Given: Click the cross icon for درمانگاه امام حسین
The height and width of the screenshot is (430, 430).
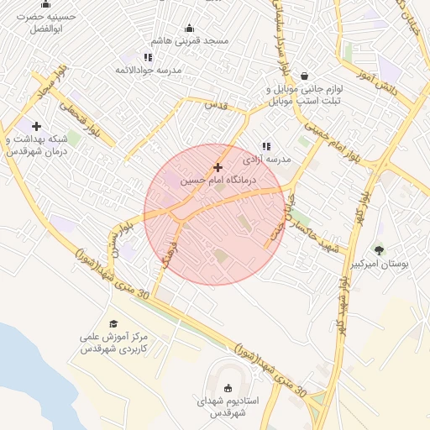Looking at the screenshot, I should (218, 168).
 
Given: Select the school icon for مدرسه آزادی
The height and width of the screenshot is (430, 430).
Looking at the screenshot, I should (266, 146).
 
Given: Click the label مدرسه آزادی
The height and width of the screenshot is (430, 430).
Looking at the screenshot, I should (266, 159).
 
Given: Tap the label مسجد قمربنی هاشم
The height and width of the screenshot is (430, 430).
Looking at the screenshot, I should (190, 41).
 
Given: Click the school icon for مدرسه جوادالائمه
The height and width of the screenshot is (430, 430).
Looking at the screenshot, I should (149, 57).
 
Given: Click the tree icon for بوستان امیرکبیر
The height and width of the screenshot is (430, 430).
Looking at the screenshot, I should (379, 249).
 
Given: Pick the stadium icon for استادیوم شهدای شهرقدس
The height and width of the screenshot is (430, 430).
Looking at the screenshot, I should (228, 388).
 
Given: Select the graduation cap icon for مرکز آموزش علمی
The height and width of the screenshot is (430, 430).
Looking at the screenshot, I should (113, 322).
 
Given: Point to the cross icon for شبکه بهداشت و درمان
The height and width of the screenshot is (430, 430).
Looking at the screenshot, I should (36, 126).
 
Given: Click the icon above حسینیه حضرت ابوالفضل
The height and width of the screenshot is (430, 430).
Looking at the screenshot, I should (45, 3).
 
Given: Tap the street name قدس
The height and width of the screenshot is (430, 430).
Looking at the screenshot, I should (216, 105).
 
